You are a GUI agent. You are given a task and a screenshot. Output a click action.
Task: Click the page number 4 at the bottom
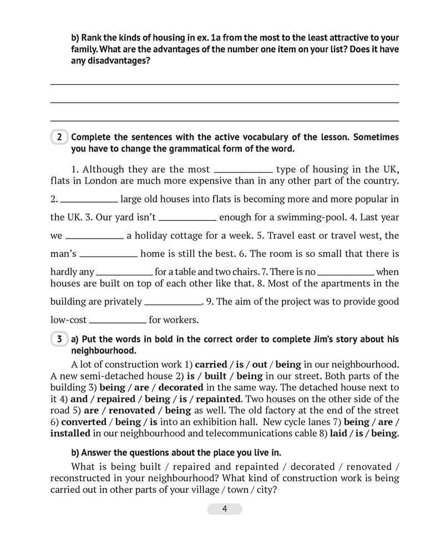click(225, 509)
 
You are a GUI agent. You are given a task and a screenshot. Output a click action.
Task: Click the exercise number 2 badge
click(59, 137)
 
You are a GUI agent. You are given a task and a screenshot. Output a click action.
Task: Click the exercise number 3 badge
click(59, 339)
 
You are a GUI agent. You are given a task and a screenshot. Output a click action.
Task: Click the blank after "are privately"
click(173, 302)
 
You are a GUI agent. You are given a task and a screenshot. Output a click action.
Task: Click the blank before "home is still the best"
click(109, 254)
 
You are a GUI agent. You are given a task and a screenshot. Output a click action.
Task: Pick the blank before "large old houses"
click(88, 199)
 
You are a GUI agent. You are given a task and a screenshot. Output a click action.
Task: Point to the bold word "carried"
click(211, 365)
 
